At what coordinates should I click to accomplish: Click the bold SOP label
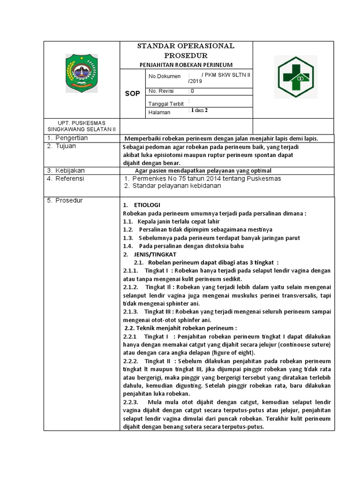(132, 94)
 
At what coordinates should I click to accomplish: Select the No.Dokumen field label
(162, 76)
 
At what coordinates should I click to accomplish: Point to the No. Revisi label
(161, 91)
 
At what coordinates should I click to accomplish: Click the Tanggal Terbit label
(166, 104)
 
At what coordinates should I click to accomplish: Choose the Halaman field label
(159, 112)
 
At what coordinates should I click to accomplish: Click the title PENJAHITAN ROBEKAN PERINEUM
(186, 65)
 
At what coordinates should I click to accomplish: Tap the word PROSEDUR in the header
(186, 55)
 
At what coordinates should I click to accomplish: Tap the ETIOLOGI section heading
(147, 205)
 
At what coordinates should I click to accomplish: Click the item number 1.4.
(128, 246)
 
